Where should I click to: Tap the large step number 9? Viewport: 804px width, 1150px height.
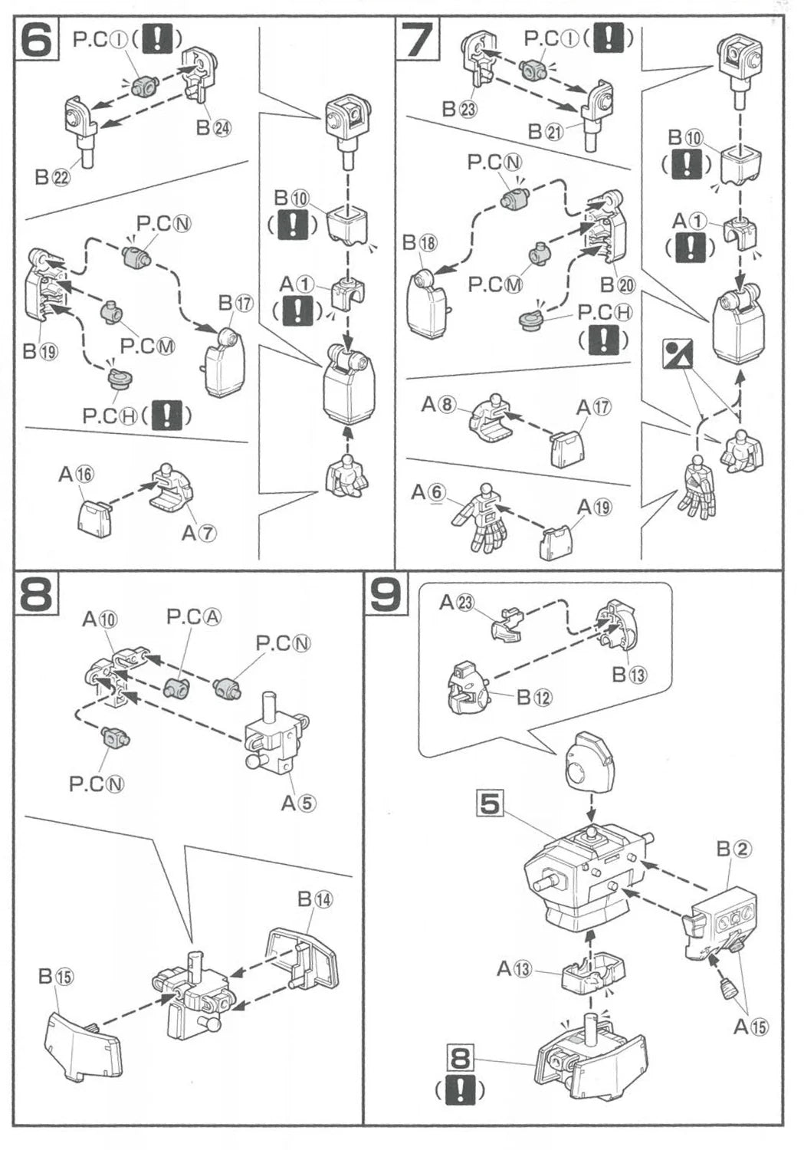coord(386,595)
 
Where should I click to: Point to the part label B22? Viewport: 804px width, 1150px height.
coord(53,177)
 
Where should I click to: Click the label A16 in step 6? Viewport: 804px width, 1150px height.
coord(76,475)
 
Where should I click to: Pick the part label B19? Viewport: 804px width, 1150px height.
coord(40,352)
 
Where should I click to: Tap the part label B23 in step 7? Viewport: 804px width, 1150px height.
coord(458,108)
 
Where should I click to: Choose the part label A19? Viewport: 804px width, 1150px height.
coord(594,507)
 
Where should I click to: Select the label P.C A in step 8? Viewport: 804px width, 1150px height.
coord(194,616)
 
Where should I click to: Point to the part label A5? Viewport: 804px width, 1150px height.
coord(298,803)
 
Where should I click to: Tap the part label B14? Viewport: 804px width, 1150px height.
coord(315,899)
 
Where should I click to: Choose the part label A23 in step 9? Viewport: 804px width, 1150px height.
coord(456,603)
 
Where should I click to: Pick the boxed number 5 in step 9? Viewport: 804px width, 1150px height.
coord(490,803)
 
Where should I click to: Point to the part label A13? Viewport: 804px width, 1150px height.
coord(514,969)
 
